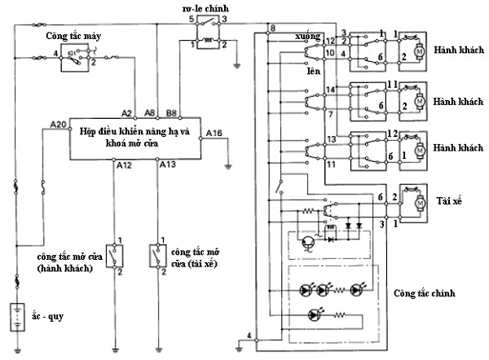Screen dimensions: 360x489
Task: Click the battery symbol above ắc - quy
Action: pyautogui.click(x=16, y=313)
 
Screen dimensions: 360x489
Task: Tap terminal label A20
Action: pyautogui.click(x=58, y=125)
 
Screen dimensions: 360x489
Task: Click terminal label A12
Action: pyautogui.click(x=124, y=165)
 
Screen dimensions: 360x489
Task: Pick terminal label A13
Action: pyautogui.click(x=167, y=165)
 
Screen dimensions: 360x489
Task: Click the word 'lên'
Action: pyautogui.click(x=311, y=71)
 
